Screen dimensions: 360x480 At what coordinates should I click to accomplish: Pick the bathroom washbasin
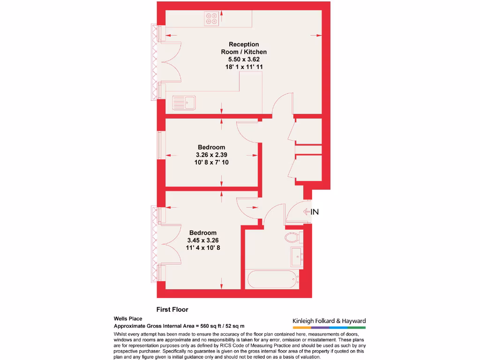297,256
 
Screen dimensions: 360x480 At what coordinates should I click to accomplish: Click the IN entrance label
315,212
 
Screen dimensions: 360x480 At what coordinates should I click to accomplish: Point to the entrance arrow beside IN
307,212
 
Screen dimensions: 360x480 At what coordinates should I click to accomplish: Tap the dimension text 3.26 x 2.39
211,155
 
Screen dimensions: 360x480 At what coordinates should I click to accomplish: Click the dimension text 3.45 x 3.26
202,240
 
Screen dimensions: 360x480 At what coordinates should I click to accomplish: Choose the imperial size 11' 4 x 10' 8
202,247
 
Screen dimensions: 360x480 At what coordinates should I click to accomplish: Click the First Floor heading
172,309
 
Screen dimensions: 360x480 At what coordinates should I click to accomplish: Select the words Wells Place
128,318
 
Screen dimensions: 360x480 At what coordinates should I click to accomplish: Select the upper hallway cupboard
308,131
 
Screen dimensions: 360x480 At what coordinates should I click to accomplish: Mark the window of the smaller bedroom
159,145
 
